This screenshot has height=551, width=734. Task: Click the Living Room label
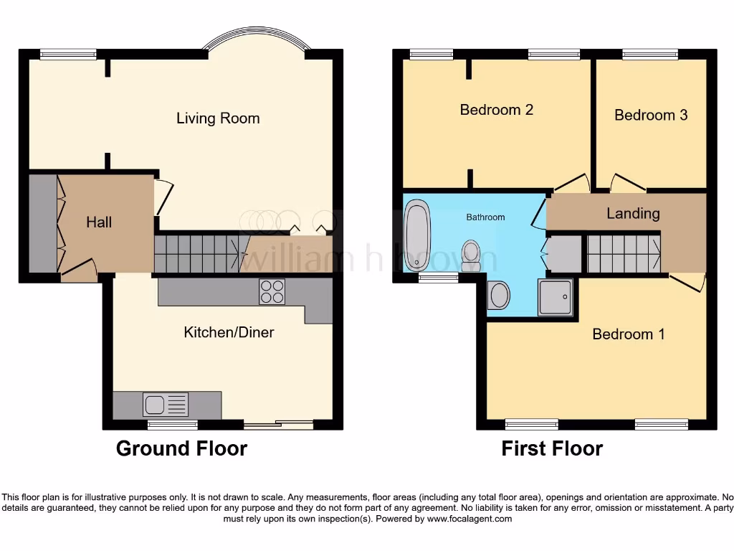tap(218, 118)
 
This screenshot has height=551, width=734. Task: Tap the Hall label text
tap(99, 222)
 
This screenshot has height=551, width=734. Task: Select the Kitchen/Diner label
tap(229, 332)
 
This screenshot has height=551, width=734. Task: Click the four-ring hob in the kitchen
tap(272, 292)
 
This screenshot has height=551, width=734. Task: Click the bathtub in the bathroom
tap(416, 237)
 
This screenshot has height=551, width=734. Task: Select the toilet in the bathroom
tap(472, 255)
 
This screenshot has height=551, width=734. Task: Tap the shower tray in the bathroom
tap(556, 297)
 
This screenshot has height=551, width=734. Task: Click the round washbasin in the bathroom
tap(499, 295)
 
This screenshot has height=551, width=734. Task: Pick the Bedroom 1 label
tap(628, 334)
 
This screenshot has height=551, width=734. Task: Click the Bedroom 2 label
tap(496, 110)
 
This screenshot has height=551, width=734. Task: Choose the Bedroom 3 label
tap(651, 115)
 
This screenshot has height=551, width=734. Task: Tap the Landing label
tap(633, 213)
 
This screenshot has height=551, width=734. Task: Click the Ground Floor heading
tap(181, 449)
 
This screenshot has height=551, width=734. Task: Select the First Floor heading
tap(552, 449)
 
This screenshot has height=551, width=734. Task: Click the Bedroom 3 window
tap(650, 54)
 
